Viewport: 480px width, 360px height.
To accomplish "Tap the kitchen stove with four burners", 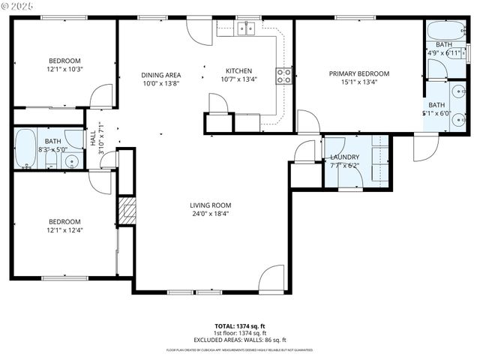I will pos(284,75).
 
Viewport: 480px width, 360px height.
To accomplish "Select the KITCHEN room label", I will pos(238,71).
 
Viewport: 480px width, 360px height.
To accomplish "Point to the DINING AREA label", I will pos(161,75).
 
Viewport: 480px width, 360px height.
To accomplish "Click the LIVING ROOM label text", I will pos(210,205).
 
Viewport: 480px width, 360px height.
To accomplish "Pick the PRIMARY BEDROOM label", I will pos(359,73).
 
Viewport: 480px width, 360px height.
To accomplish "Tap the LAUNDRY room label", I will pos(345,157).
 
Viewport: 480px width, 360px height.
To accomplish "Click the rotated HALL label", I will pos(94,139).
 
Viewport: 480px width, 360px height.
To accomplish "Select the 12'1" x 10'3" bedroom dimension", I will pos(64,70).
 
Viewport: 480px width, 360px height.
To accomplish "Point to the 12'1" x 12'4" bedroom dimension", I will pos(64,230).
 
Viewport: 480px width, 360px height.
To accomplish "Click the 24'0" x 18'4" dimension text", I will pos(210,214).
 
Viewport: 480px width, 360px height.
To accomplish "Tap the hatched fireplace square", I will pos(125,211).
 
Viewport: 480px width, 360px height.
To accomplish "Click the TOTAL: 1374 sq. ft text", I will pos(240,326).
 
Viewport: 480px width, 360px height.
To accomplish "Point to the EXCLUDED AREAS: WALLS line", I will pos(240,340).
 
